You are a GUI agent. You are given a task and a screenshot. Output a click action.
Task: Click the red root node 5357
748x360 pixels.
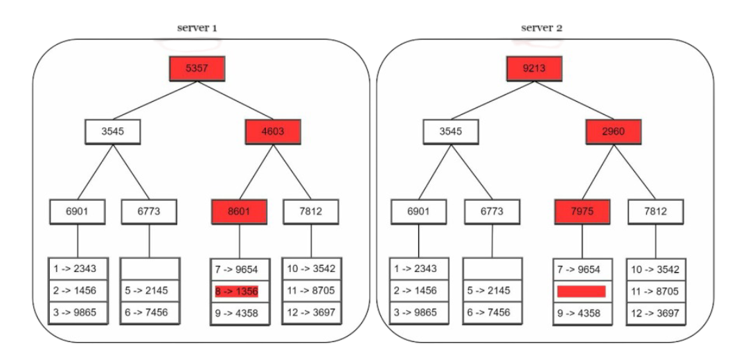click(x=197, y=69)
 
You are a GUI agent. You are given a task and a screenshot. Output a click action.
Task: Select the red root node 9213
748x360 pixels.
click(x=533, y=69)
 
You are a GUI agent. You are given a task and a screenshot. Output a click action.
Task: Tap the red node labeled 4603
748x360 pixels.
click(x=273, y=132)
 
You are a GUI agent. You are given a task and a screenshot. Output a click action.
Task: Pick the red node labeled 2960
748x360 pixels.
click(x=613, y=132)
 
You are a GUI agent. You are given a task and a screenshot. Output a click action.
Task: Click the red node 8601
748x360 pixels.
click(x=239, y=212)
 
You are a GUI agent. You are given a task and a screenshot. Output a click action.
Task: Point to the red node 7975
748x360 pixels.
click(x=582, y=212)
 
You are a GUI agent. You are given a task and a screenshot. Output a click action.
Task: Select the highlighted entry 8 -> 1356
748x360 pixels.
click(x=236, y=291)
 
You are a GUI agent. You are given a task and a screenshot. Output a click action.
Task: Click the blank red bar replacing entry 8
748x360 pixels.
click(x=581, y=291)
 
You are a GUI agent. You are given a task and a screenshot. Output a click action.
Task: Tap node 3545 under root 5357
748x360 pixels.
click(x=113, y=132)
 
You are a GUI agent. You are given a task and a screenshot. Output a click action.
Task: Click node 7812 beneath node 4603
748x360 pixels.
click(x=311, y=212)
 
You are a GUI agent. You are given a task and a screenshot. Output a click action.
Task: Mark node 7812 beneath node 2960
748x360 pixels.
click(x=655, y=212)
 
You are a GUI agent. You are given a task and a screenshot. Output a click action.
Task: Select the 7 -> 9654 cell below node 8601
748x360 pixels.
click(x=239, y=270)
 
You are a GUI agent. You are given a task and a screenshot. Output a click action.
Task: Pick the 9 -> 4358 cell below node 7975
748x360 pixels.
click(x=581, y=313)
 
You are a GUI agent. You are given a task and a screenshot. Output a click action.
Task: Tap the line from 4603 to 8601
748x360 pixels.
click(x=256, y=172)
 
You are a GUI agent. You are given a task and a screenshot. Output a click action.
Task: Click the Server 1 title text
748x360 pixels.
click(x=197, y=29)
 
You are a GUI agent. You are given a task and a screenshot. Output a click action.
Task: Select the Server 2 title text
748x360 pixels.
click(x=542, y=28)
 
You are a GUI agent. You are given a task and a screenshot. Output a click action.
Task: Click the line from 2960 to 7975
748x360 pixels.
click(x=598, y=172)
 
